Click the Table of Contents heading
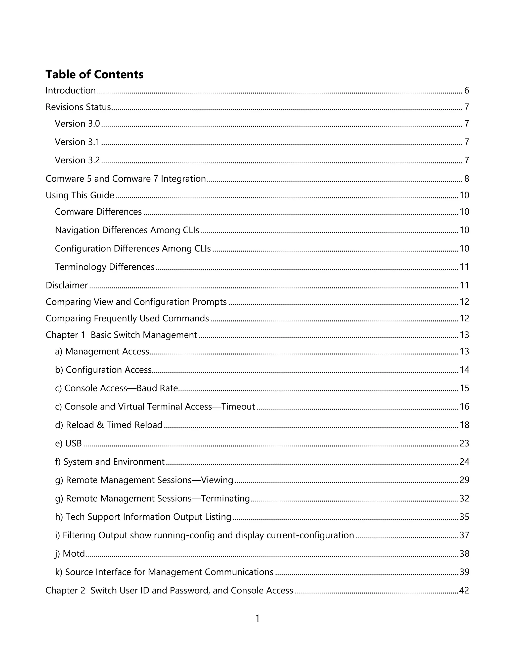pos(94,75)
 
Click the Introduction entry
pos(70,90)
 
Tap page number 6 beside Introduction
pos(466,90)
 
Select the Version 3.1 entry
pos(77,142)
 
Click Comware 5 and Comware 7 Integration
pos(126,179)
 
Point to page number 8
pos(466,179)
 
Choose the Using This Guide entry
pos(80,195)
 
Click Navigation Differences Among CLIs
pos(127,230)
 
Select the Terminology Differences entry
pos(105,267)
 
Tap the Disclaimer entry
pos(66,285)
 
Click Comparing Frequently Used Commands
pos(127,318)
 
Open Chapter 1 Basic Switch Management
pos(121,335)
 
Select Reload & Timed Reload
pos(109,425)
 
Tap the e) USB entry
pos(68,443)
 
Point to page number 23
pos(464,443)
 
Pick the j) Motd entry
pos(70,553)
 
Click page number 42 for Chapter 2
pos(464,590)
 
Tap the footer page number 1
pos(257,618)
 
